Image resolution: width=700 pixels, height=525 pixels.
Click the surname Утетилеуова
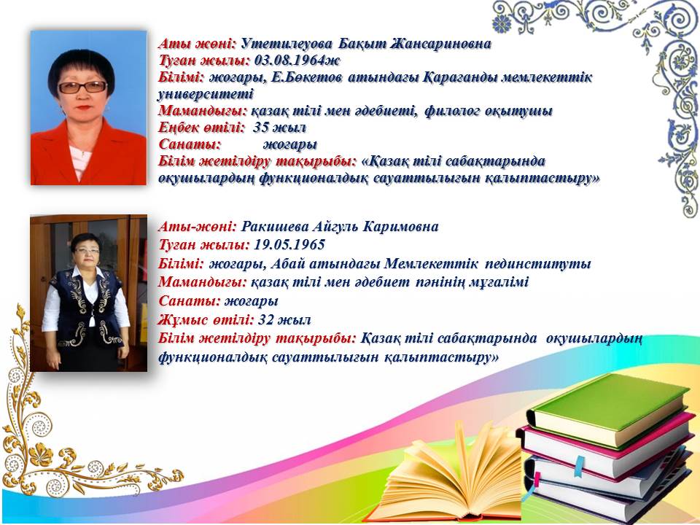point(287,44)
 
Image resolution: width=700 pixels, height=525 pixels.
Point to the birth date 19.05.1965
point(289,245)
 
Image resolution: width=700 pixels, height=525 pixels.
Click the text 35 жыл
point(279,128)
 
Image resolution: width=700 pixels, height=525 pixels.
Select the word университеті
point(206,94)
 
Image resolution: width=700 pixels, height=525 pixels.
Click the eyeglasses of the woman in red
point(82,87)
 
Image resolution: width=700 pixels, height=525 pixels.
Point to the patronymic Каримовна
point(400,227)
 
